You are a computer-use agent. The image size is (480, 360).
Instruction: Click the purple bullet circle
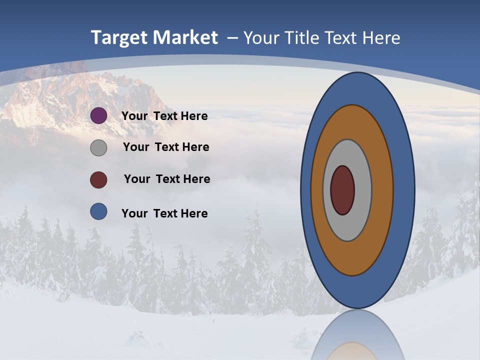click(98, 115)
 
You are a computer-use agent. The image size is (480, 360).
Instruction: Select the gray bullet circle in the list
click(98, 147)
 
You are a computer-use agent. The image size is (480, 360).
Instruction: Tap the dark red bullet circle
click(98, 179)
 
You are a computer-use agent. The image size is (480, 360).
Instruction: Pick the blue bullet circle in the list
click(98, 211)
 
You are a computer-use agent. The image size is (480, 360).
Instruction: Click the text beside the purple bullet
click(164, 116)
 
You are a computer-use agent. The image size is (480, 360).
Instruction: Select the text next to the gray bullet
click(166, 147)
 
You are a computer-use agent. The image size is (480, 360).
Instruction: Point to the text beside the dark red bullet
click(167, 179)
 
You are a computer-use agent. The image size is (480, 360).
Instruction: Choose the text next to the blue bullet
click(164, 213)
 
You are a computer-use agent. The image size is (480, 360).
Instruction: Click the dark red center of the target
click(342, 190)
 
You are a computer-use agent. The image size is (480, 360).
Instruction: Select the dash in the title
click(232, 38)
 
